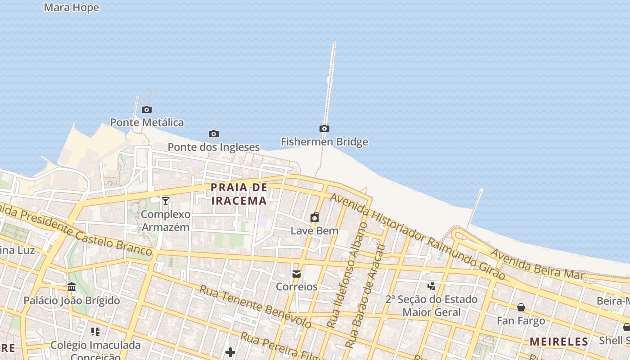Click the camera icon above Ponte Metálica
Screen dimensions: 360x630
(147, 109)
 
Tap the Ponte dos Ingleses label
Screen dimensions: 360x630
(214, 147)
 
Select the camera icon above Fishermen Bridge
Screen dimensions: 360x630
(324, 129)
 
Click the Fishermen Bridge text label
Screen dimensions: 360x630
(324, 142)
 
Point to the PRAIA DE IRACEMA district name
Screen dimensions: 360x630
(239, 194)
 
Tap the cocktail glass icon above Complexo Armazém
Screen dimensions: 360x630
(166, 201)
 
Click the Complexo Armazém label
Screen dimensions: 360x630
(166, 220)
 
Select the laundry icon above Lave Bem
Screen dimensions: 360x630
(315, 218)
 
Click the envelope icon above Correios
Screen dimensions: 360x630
(297, 274)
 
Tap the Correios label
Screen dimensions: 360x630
(297, 287)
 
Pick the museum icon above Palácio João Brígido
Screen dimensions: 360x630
(72, 287)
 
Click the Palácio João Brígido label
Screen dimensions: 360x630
(72, 301)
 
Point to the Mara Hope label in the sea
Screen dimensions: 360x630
(72, 8)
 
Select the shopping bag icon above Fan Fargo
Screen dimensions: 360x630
(521, 307)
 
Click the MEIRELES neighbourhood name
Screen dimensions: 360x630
(559, 342)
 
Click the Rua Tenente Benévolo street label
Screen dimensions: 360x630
(255, 306)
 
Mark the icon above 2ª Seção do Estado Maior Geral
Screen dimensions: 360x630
(432, 286)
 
